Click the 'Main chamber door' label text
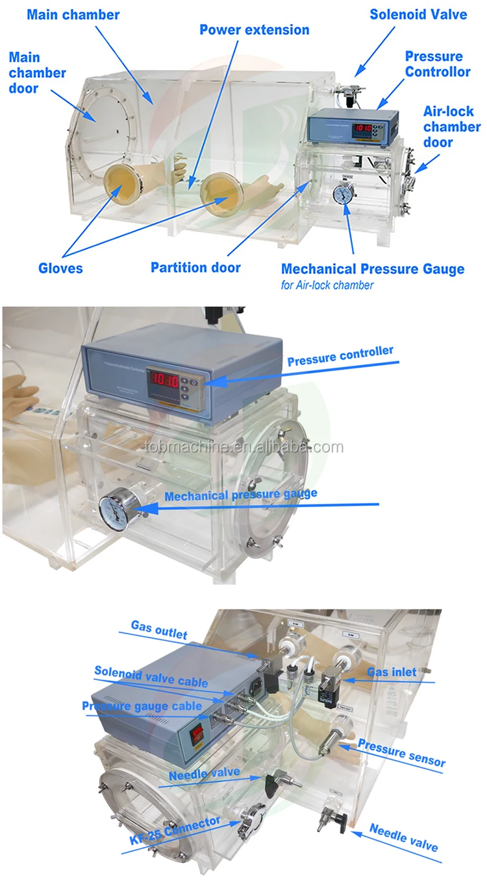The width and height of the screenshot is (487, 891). [37, 73]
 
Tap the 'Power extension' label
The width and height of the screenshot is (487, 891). [254, 30]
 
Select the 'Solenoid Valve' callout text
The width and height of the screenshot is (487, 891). [418, 14]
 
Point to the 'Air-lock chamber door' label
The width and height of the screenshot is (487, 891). [452, 126]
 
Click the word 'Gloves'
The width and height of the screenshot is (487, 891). [60, 268]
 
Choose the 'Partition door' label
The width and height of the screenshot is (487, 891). [195, 267]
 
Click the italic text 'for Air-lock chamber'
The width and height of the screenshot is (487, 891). [327, 285]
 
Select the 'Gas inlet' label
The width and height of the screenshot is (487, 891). [392, 672]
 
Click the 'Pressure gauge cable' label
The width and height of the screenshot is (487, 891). [142, 706]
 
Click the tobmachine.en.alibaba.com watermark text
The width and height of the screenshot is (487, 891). [243, 447]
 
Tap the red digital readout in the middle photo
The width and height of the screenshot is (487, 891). [162, 377]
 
